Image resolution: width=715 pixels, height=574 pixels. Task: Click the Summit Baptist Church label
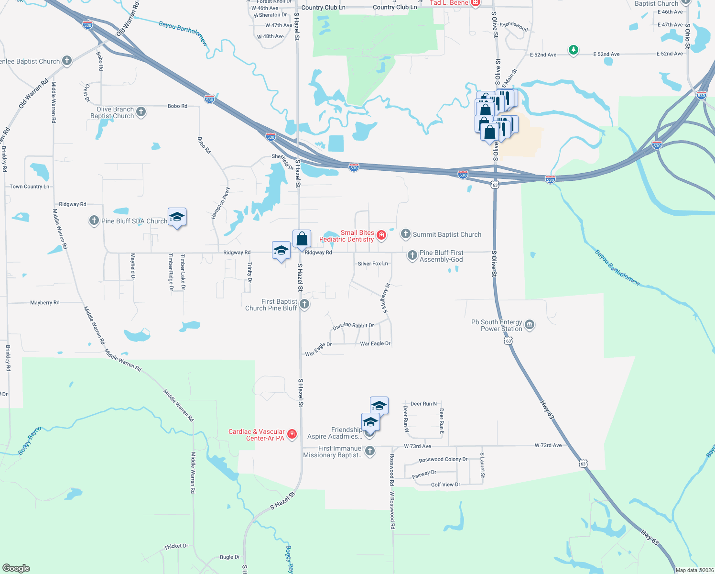[x=447, y=234]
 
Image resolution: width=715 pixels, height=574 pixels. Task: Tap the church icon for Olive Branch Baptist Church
[x=141, y=112]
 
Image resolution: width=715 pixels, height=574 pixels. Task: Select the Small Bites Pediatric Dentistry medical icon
[x=381, y=234]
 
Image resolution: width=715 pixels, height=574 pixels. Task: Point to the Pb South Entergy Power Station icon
[x=530, y=325]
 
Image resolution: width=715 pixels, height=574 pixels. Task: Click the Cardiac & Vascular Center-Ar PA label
[x=256, y=435]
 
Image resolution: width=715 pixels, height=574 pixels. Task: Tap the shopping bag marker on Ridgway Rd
[x=302, y=239]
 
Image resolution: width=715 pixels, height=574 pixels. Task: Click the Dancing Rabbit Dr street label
[x=353, y=326]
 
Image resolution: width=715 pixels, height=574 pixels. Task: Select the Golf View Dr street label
[x=445, y=485]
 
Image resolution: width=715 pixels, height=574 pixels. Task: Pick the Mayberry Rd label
[x=44, y=303]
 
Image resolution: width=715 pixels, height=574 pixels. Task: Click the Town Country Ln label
[x=29, y=187]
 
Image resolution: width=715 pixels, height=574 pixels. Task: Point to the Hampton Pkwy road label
[x=220, y=203]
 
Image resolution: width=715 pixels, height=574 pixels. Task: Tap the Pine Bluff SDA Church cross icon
[x=94, y=221]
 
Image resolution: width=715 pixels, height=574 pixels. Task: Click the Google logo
[x=16, y=568]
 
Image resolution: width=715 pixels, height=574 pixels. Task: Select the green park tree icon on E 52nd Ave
[x=574, y=50]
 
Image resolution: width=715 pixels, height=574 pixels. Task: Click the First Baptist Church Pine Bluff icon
[x=304, y=304]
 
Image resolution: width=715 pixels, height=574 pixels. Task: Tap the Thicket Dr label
[x=176, y=546]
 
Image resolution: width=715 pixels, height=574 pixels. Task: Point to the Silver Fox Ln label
[x=373, y=264]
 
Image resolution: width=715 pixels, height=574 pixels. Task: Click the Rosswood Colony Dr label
[x=443, y=460]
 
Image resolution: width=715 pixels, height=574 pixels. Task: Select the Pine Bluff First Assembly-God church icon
[x=412, y=255]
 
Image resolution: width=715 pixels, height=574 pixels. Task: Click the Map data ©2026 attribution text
[x=694, y=570]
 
